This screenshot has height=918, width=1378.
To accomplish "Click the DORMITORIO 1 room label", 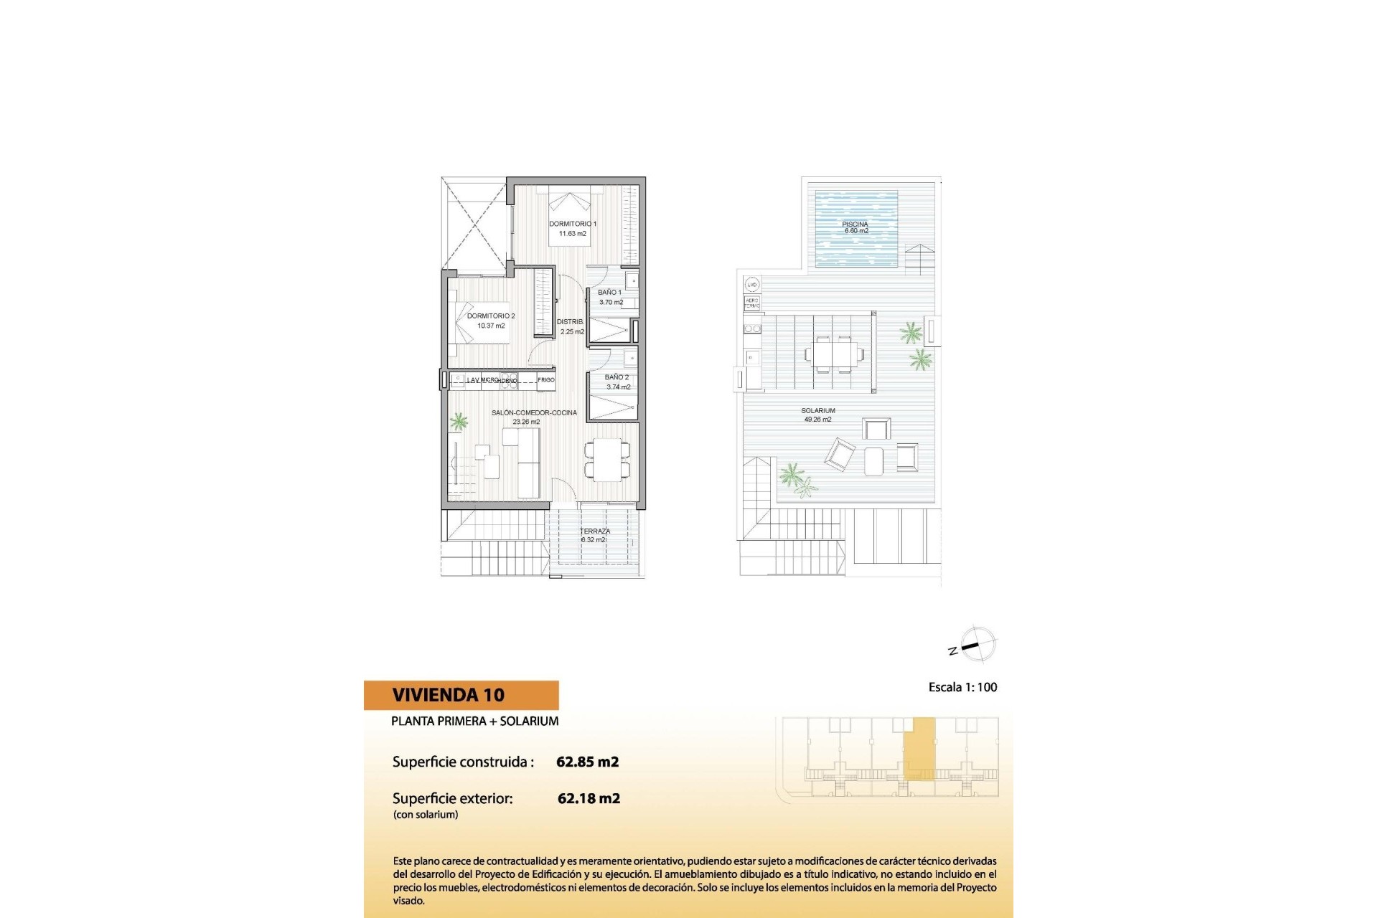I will pos(573,224).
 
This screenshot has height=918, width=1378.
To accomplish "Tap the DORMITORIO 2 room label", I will pos(491,316).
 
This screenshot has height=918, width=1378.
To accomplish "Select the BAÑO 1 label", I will pos(610,293).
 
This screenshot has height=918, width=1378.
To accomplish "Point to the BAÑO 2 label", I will pos(617,377).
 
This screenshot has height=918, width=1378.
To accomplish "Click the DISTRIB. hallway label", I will pos(571,322).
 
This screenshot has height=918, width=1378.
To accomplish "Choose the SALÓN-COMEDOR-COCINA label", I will pos(534,413).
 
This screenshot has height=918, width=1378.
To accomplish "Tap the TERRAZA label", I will pos(595,531).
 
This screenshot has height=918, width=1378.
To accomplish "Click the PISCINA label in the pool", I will pos(855,224).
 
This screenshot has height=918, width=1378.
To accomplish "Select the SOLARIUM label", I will pos(818,411).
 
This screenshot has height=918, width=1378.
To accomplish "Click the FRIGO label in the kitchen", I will pos(546,380).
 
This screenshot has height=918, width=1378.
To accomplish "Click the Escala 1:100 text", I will pos(962,687).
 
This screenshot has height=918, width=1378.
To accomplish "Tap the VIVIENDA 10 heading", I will pos(449,695).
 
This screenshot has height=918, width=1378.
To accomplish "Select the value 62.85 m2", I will pos(587,762).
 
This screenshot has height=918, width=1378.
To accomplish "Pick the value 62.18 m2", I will pos(589,798).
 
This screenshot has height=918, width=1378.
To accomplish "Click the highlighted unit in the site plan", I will pos(919,748).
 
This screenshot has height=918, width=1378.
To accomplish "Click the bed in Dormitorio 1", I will pos(571,215).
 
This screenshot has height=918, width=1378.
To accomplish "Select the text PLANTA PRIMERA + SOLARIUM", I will pos(474,721).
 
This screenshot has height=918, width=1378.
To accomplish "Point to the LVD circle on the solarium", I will pos(751,285).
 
